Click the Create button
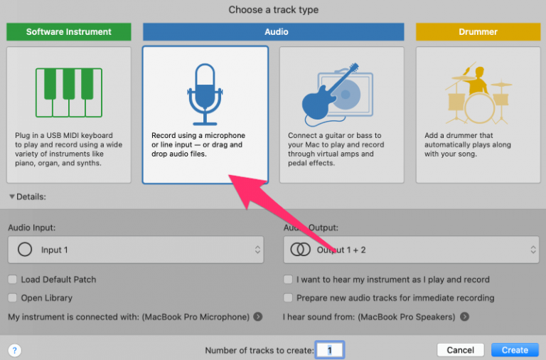point(515,350)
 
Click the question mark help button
point(15,350)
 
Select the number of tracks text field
point(329,350)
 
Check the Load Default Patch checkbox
point(13,279)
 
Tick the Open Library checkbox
point(13,297)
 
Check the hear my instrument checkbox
point(288,279)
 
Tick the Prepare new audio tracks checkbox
point(288,297)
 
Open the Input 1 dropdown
point(136,250)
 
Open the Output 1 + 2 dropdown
point(411,250)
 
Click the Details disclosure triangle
point(12,196)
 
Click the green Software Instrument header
point(69,32)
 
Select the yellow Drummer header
point(478,32)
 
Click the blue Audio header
point(273,32)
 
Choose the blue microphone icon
point(205,94)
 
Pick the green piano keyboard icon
point(69,92)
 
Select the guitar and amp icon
point(337,94)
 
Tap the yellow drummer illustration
point(478,93)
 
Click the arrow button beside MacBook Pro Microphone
point(258,317)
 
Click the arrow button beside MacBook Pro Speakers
point(464,317)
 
